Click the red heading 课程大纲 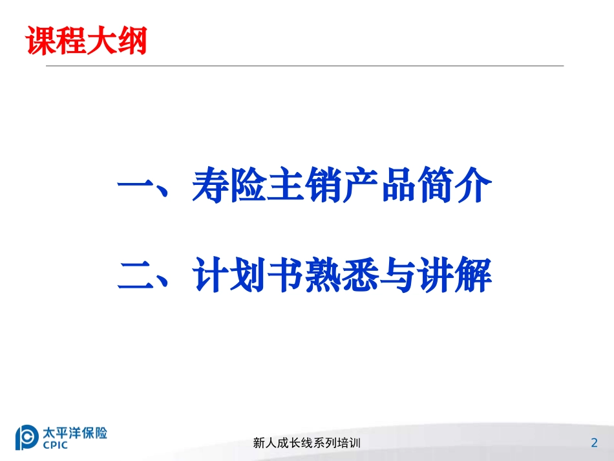pos(85,40)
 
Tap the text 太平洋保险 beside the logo pos(74,431)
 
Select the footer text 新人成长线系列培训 pos(306,444)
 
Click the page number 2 pos(594,443)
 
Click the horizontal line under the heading pos(304,65)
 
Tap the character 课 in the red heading pos(39,40)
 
